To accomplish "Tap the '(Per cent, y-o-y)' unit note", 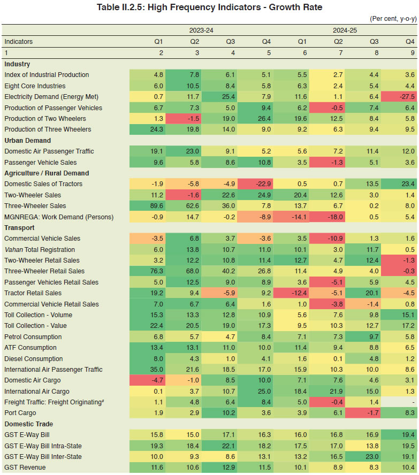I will [393, 19].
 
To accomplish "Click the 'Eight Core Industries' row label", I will [35, 86].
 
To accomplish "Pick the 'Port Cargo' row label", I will [20, 413].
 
